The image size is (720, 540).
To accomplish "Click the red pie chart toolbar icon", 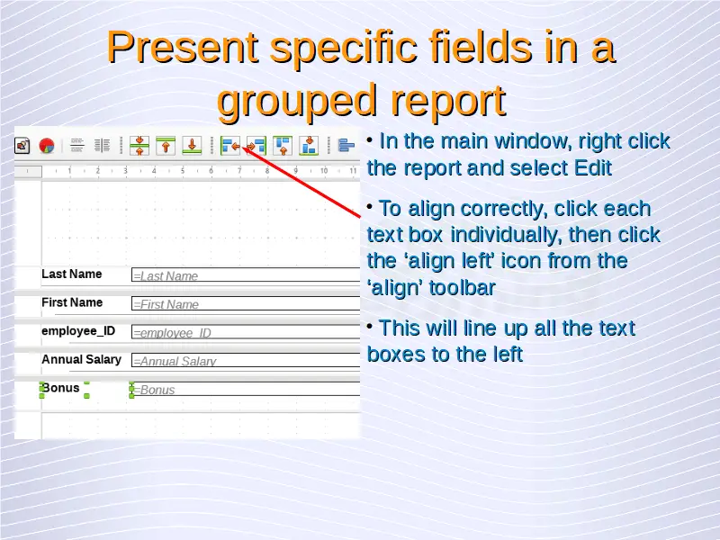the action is click(47, 146).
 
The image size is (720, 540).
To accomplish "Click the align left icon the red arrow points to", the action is click(230, 146).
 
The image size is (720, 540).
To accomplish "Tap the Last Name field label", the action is click(72, 274).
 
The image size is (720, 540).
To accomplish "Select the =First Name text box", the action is click(246, 303).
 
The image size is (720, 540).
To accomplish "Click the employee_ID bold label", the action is click(78, 331).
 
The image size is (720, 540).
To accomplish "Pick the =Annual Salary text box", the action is click(246, 361).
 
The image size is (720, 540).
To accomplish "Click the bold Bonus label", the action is click(60, 388).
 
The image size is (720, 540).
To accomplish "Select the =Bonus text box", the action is click(246, 389).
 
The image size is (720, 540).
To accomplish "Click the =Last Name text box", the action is click(246, 275).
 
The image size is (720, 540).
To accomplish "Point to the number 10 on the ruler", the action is click(324, 171).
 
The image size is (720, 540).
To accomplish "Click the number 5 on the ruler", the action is click(183, 171).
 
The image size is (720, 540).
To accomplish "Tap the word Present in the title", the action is click(183, 48).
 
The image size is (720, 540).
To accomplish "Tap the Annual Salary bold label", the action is click(81, 359).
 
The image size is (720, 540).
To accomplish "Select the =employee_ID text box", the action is click(246, 332).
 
